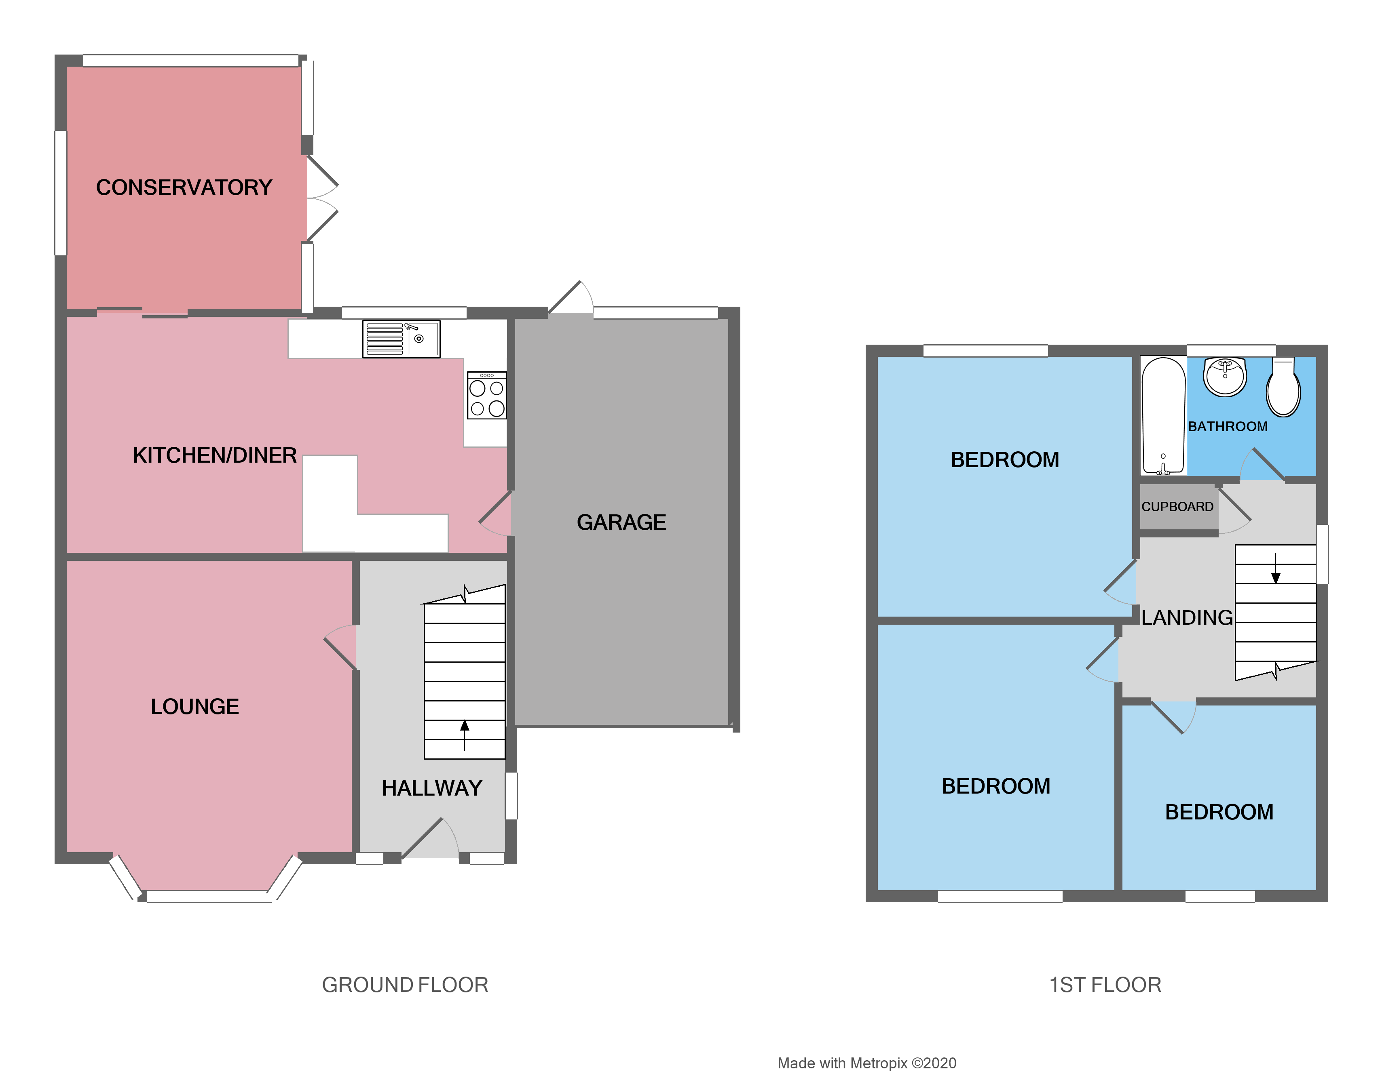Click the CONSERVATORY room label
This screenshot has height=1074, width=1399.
click(184, 187)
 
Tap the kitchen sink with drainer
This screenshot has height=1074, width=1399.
click(401, 339)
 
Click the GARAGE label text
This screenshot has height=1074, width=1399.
click(621, 522)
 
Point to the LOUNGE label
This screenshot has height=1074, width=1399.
click(194, 706)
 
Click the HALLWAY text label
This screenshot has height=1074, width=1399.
click(432, 788)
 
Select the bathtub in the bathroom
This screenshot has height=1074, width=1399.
click(1163, 415)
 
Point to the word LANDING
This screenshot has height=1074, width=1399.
click(1187, 617)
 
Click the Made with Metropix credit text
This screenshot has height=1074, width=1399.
click(867, 1063)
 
